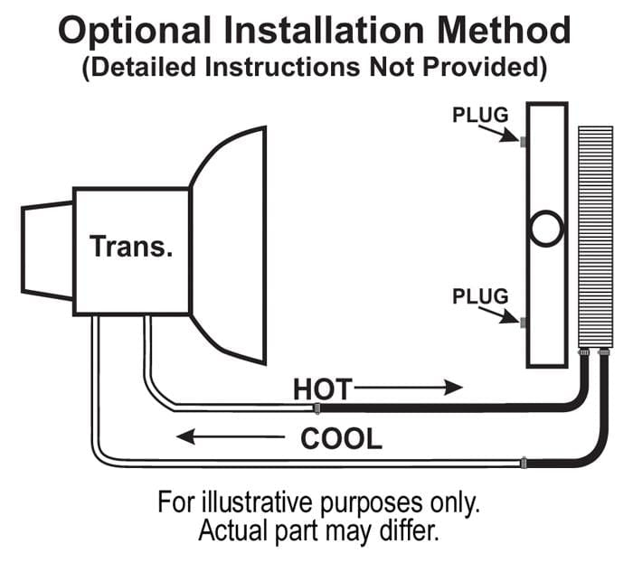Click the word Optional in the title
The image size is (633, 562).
(x=135, y=31)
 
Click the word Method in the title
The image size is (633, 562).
(x=504, y=30)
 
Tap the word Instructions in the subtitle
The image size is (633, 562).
(x=282, y=67)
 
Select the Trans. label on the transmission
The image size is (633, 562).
(x=131, y=246)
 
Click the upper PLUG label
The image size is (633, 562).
(x=480, y=115)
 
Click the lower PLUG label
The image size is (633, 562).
(x=480, y=296)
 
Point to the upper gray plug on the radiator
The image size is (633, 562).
(x=524, y=142)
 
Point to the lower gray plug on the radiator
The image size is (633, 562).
(x=524, y=323)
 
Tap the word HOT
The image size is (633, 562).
(x=323, y=389)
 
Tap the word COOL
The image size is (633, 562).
(x=341, y=438)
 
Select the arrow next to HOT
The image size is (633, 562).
(x=408, y=388)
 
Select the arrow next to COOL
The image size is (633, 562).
(x=231, y=436)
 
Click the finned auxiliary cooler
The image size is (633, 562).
(x=595, y=237)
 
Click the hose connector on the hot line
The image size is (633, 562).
(x=317, y=408)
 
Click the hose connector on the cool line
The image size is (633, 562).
(x=524, y=463)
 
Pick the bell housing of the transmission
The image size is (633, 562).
(x=228, y=246)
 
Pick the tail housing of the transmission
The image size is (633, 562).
(x=48, y=250)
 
